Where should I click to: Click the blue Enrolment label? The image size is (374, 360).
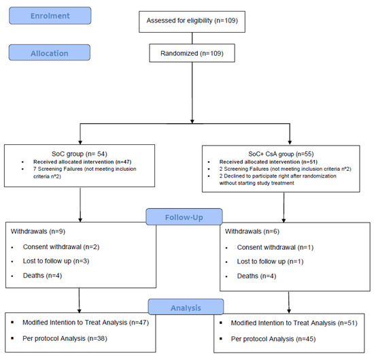click(x=50, y=16)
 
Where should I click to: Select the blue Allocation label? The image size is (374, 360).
click(x=50, y=52)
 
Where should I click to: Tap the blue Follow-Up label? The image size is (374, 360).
click(x=184, y=217)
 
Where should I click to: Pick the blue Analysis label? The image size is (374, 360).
click(x=186, y=307)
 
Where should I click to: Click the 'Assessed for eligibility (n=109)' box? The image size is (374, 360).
click(x=192, y=22)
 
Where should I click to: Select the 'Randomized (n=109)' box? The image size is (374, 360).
click(x=192, y=53)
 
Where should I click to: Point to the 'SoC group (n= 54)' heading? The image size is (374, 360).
click(x=80, y=154)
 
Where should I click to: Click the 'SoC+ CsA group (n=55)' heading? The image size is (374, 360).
click(x=281, y=154)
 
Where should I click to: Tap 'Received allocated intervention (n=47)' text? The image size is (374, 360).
click(x=82, y=162)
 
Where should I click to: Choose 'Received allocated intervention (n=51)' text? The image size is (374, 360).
click(x=269, y=162)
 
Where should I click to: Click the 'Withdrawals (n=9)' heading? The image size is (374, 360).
click(x=38, y=231)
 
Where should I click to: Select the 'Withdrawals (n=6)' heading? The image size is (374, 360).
click(x=252, y=231)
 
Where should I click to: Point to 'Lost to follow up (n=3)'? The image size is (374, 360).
click(x=56, y=261)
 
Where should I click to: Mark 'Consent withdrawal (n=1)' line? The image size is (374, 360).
click(x=275, y=247)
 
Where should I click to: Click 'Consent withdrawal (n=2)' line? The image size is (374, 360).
click(x=61, y=247)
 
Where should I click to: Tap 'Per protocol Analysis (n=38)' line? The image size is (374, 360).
click(x=65, y=338)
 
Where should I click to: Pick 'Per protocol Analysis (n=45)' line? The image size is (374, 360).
click(x=273, y=339)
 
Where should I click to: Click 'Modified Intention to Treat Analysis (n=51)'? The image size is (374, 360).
click(x=294, y=323)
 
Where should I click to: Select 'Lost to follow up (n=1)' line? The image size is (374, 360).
click(x=270, y=261)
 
